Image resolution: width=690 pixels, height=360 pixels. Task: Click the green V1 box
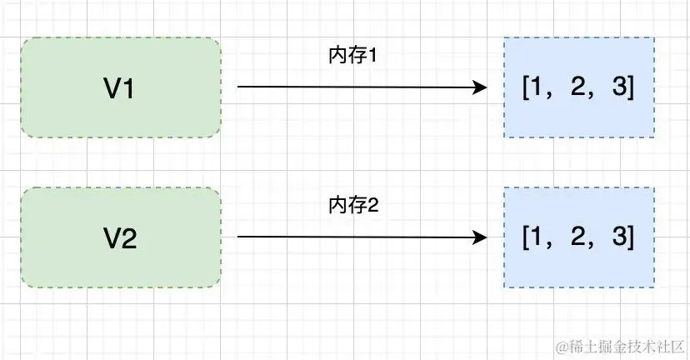(x=121, y=87)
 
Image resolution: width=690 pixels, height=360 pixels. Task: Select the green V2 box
(x=121, y=237)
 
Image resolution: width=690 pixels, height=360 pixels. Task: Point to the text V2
(x=120, y=239)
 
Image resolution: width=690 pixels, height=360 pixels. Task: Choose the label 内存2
(x=353, y=206)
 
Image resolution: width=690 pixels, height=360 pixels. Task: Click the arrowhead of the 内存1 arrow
(x=480, y=87)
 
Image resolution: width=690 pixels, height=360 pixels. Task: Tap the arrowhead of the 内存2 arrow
(x=480, y=237)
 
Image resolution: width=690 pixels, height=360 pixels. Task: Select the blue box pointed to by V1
(x=579, y=87)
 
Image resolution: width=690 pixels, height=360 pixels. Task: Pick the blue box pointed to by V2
(x=579, y=237)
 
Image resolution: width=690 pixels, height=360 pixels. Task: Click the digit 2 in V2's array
(x=577, y=238)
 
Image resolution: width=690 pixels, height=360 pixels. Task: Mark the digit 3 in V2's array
(x=618, y=238)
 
